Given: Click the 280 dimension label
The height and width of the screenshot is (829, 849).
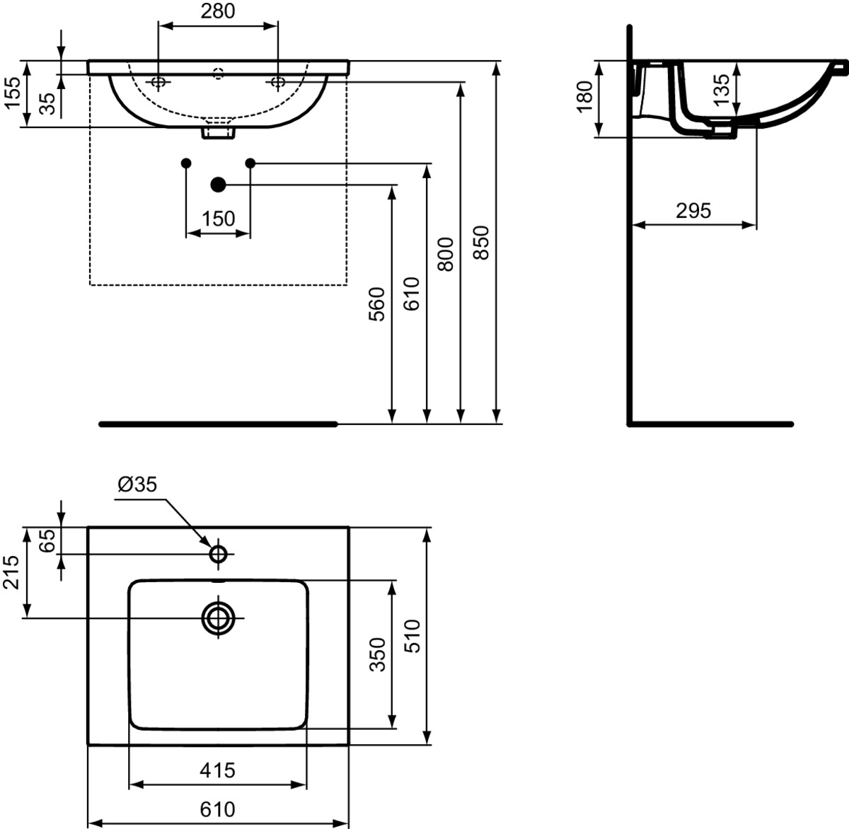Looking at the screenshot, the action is coord(218,11).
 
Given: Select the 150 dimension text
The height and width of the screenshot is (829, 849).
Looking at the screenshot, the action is coord(218,219).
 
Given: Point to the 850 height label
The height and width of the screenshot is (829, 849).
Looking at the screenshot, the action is coord(481,243).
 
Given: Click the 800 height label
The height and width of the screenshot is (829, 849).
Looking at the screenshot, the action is coord(446,254).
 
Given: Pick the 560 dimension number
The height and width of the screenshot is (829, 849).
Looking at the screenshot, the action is coord(376,304).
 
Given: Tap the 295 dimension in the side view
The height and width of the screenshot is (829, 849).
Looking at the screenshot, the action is coord(693,211).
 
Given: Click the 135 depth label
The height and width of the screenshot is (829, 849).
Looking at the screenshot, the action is coord(722,90).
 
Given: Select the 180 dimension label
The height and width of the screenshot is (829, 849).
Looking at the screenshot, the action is coord(584,97).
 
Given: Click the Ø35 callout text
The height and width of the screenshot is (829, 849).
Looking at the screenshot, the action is coord(137,484).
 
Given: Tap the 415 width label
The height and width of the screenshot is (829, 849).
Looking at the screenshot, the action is coord(218,770).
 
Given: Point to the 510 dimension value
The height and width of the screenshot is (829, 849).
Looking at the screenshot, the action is coord(412,636).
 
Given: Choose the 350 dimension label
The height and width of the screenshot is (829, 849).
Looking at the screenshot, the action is coord(377,654).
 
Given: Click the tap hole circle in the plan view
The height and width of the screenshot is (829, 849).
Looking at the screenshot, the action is coord(219,555).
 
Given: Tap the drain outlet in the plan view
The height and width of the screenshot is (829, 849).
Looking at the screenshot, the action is coord(218,618).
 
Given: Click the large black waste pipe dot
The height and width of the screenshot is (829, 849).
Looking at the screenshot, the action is coord(218,185).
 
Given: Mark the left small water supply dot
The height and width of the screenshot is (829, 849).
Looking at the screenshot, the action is coord(186,163).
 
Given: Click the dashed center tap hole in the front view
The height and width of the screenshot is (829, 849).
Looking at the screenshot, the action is coord(219,74).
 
